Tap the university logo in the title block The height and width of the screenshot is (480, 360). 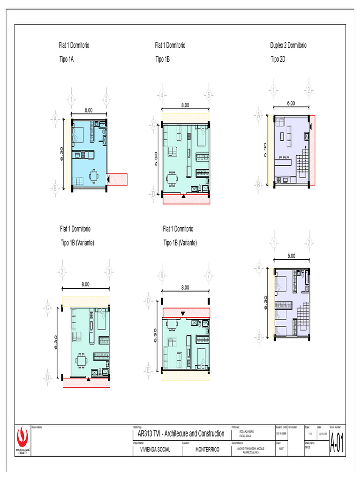pos(22,439)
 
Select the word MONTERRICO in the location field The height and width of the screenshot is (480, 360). pos(207,449)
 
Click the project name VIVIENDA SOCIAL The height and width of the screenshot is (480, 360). pos(152,449)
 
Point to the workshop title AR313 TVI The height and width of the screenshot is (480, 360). pos(179,434)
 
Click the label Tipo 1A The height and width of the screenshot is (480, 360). pos(67,59)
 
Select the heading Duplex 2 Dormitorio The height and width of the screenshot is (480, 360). pos(288,45)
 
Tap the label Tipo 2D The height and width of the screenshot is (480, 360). pos(278,59)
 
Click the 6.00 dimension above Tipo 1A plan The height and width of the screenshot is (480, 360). pos(89,110)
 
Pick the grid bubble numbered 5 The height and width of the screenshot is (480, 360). pos(209,95)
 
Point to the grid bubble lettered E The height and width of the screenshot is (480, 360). pos(149,371)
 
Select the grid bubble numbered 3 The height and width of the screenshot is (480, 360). pos(109,272)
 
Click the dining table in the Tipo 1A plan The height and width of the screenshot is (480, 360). pos(95,177)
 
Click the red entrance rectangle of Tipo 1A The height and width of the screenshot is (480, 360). pos(118,179)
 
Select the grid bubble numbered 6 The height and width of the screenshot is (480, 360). pos(162,276)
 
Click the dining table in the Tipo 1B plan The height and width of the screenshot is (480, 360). pos(172,178)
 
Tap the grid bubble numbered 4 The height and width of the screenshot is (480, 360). pos(162,95)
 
